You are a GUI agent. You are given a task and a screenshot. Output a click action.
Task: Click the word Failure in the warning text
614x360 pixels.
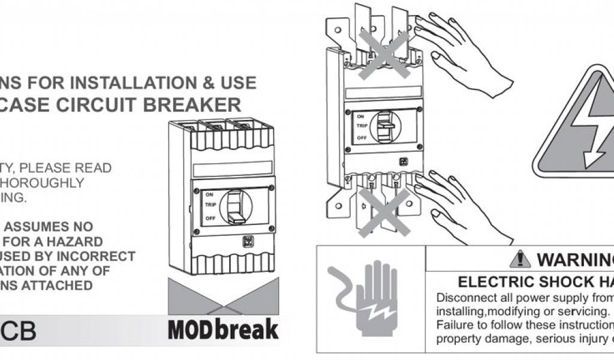(x=455, y=325)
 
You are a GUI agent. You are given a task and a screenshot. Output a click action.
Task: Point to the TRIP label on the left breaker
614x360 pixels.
(x=210, y=205)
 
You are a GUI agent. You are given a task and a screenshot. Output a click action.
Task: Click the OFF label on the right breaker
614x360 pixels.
(x=362, y=138)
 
